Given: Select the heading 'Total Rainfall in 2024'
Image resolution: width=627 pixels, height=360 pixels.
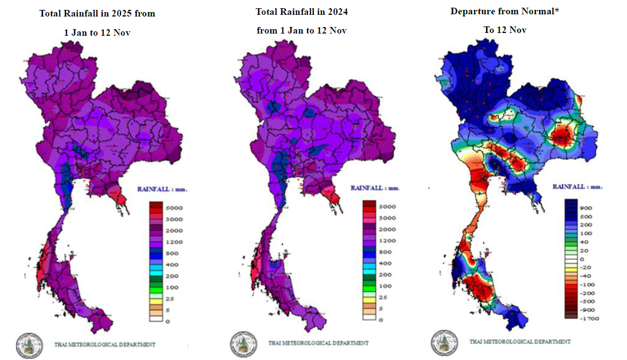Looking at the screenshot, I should coord(302,12).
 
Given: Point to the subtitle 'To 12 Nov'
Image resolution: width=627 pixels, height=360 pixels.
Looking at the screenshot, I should coord(505,30).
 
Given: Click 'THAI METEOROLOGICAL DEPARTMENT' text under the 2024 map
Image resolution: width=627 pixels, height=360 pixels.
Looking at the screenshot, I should coord(318,343).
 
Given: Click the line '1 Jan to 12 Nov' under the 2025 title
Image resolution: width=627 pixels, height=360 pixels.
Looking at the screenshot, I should coord(97,32).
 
